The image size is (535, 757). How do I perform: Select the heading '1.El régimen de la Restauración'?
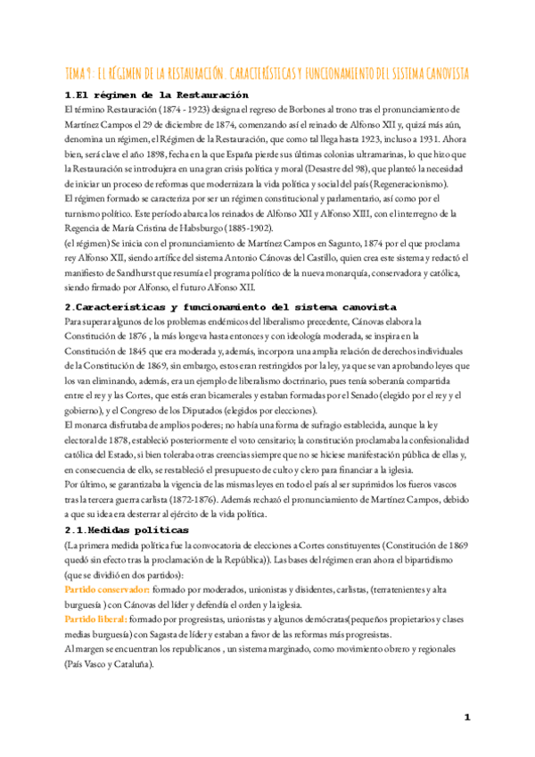pyautogui.click(x=156, y=96)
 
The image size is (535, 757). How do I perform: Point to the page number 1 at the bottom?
pyautogui.click(x=466, y=717)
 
